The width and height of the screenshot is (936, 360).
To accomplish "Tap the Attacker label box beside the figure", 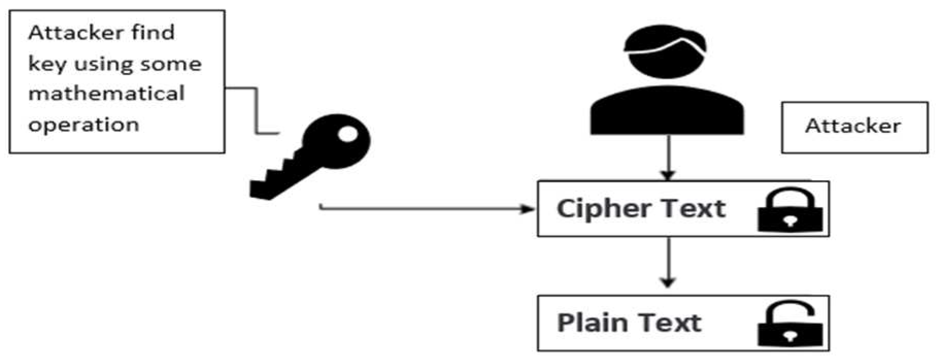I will (x=854, y=127).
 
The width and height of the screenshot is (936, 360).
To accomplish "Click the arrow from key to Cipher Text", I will (x=428, y=209).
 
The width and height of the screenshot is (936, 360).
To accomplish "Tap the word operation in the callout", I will (x=83, y=125).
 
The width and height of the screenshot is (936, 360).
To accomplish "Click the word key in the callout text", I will (x=47, y=64).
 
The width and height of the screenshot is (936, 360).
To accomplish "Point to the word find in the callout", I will (x=152, y=32).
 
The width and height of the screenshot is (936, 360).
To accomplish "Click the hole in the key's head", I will (x=347, y=134).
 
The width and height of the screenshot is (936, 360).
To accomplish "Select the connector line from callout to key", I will (x=256, y=111).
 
